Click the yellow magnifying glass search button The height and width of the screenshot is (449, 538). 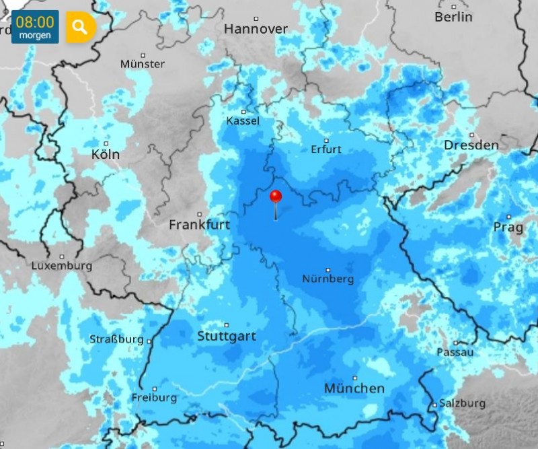click(81, 27)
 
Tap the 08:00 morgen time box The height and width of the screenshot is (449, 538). click(35, 27)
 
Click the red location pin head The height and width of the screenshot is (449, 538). click(276, 197)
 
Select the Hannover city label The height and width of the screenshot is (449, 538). click(256, 29)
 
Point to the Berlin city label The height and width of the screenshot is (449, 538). click(453, 17)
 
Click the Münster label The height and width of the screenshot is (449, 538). click(143, 64)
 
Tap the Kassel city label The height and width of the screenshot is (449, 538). click(243, 120)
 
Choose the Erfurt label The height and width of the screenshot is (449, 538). click(326, 149)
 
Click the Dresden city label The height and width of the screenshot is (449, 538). click(471, 145)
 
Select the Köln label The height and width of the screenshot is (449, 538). click(106, 153)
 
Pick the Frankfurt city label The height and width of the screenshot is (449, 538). click(199, 224)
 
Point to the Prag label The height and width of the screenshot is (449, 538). click(508, 227)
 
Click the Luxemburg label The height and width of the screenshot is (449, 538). click(62, 266)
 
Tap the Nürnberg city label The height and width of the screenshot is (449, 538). click(328, 279)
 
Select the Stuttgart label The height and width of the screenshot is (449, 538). click(227, 336)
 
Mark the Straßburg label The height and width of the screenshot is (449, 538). click(116, 339)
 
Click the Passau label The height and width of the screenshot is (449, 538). click(455, 352)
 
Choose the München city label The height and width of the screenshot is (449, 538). click(354, 388)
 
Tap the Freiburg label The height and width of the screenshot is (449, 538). click(154, 397)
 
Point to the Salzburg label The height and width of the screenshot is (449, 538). click(462, 403)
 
